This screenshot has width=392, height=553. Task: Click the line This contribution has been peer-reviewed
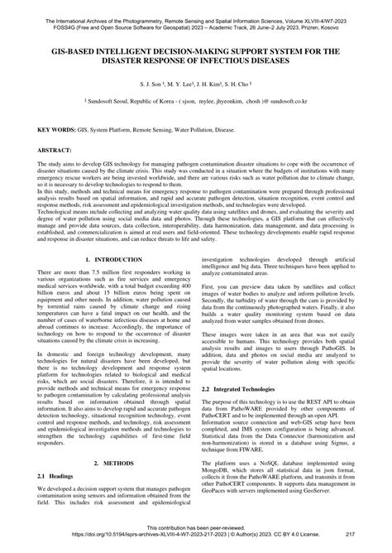196,537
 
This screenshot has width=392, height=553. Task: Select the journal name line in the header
196,7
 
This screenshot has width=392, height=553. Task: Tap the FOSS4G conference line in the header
196,15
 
